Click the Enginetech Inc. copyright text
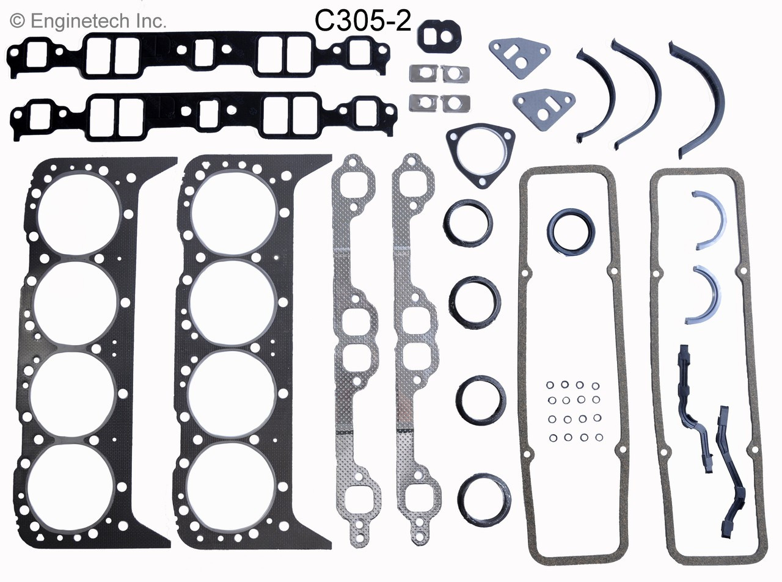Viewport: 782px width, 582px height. click(x=89, y=21)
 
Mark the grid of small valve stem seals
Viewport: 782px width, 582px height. click(x=573, y=412)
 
